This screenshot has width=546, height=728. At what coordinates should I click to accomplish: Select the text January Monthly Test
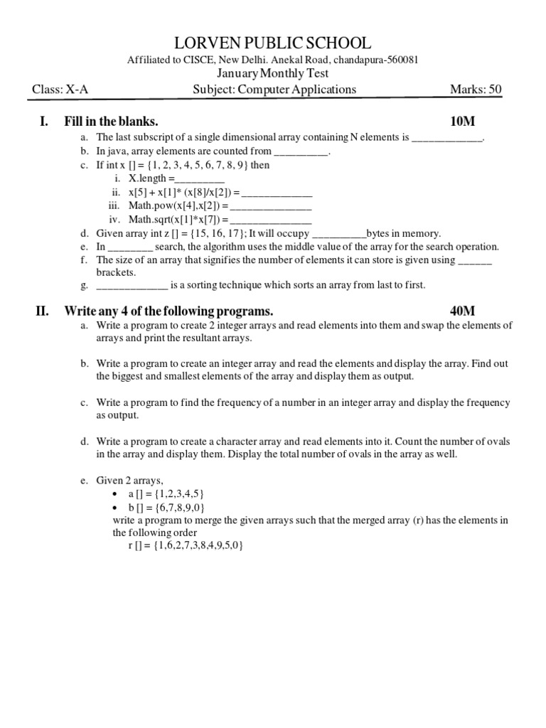click(x=273, y=74)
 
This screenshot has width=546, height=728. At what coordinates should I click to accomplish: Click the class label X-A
click(x=77, y=90)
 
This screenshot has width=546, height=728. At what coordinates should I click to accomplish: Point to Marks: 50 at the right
click(x=476, y=90)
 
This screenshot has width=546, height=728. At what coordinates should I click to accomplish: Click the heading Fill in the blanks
click(x=111, y=122)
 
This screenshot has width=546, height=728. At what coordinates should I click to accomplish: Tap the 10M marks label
click(x=462, y=122)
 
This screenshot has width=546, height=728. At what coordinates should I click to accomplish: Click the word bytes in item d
click(x=380, y=233)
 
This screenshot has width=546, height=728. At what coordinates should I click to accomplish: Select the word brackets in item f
click(x=116, y=272)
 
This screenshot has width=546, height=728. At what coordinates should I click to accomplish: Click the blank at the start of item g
click(x=132, y=286)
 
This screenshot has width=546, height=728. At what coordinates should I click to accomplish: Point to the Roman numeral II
click(x=42, y=311)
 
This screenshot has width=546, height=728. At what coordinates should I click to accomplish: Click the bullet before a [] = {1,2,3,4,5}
click(x=116, y=494)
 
